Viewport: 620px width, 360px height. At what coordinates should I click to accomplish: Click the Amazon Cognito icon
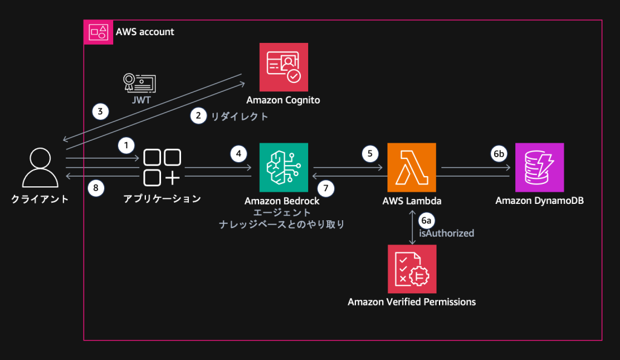coord(283,67)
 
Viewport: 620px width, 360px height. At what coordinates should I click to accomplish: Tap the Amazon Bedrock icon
coord(283,168)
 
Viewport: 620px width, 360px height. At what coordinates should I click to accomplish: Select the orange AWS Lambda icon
coord(412,168)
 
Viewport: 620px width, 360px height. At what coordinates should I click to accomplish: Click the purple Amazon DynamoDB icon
coord(539,168)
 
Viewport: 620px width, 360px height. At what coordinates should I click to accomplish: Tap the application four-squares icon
coord(162,168)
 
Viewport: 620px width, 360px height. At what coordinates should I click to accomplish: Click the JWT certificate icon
coord(139,83)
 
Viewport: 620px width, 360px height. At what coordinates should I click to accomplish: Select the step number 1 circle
coord(126,145)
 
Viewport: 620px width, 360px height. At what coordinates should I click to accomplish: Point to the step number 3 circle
coord(101,111)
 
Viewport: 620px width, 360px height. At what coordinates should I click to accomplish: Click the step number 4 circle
coord(239,154)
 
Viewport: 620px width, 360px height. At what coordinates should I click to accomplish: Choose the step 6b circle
coord(498,154)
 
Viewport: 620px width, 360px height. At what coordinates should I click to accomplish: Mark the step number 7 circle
coord(326,188)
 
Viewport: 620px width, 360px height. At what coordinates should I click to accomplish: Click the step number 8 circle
coord(96,188)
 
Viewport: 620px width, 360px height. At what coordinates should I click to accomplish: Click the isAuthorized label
coord(446,232)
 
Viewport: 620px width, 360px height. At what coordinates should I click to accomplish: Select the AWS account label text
coord(145,31)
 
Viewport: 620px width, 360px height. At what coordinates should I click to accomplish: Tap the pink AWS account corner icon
coord(97,31)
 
